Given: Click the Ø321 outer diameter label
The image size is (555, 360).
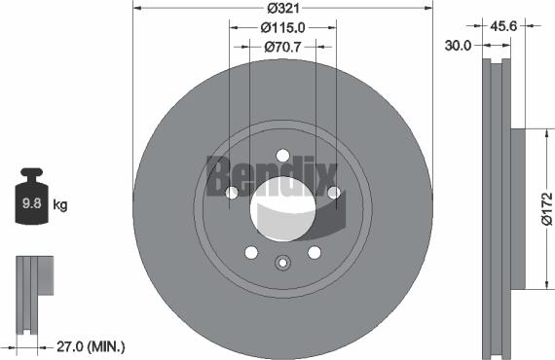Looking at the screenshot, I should click(x=281, y=9).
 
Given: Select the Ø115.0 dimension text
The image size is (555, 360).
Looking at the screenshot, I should click(x=282, y=28).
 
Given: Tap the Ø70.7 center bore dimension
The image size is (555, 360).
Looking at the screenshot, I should click(x=282, y=46).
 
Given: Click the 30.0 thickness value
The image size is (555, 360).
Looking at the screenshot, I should click(x=460, y=45).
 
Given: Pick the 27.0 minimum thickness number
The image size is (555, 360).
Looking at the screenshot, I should click(x=65, y=345).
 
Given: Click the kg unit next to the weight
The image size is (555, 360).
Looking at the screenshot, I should click(x=59, y=204).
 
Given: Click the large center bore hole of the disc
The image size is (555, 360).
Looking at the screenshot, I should click(x=282, y=210).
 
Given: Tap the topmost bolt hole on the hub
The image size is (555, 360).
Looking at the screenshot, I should click(x=282, y=155).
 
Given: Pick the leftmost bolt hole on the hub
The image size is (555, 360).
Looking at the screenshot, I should click(x=232, y=194).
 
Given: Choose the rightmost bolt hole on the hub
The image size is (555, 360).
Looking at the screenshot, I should click(x=333, y=194).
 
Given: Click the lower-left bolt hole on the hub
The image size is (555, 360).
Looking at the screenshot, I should click(x=251, y=253).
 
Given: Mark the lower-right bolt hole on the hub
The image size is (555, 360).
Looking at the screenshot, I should click(x=314, y=253).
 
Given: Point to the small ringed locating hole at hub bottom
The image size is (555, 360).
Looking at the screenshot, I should click(x=282, y=262).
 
